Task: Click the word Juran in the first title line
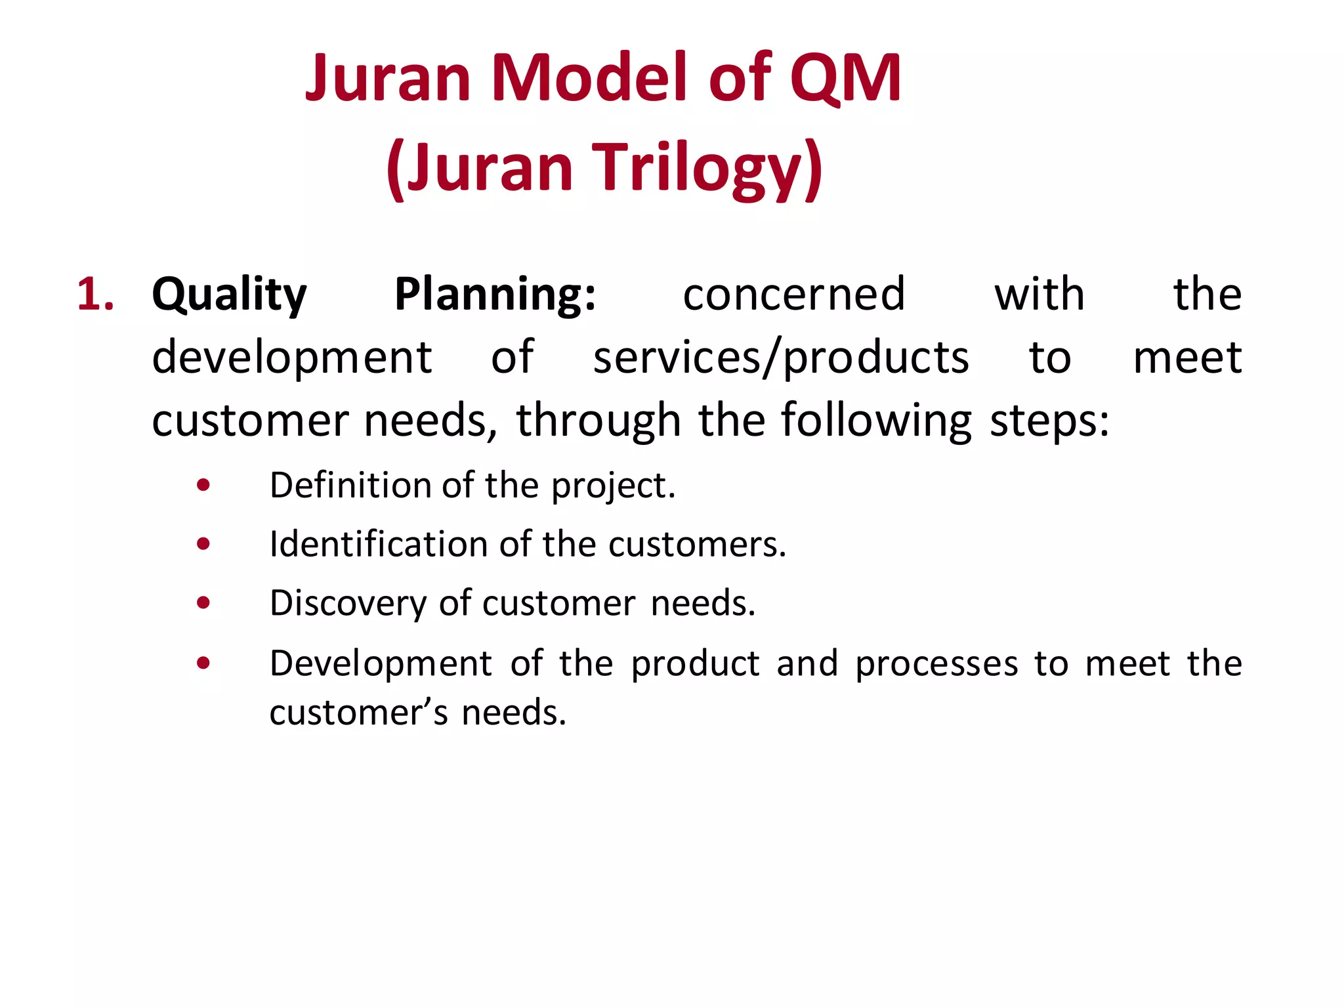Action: coord(388,79)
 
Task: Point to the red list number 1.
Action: coord(95,294)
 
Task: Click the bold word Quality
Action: coord(229,295)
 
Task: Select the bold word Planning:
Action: coord(495,295)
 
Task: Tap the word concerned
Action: coord(794,294)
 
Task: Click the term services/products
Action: coord(781,358)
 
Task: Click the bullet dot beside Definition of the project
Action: coord(203,485)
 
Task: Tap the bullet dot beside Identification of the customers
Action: coord(203,543)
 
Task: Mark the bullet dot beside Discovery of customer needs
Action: coord(203,602)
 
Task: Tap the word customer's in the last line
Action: coord(358,713)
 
